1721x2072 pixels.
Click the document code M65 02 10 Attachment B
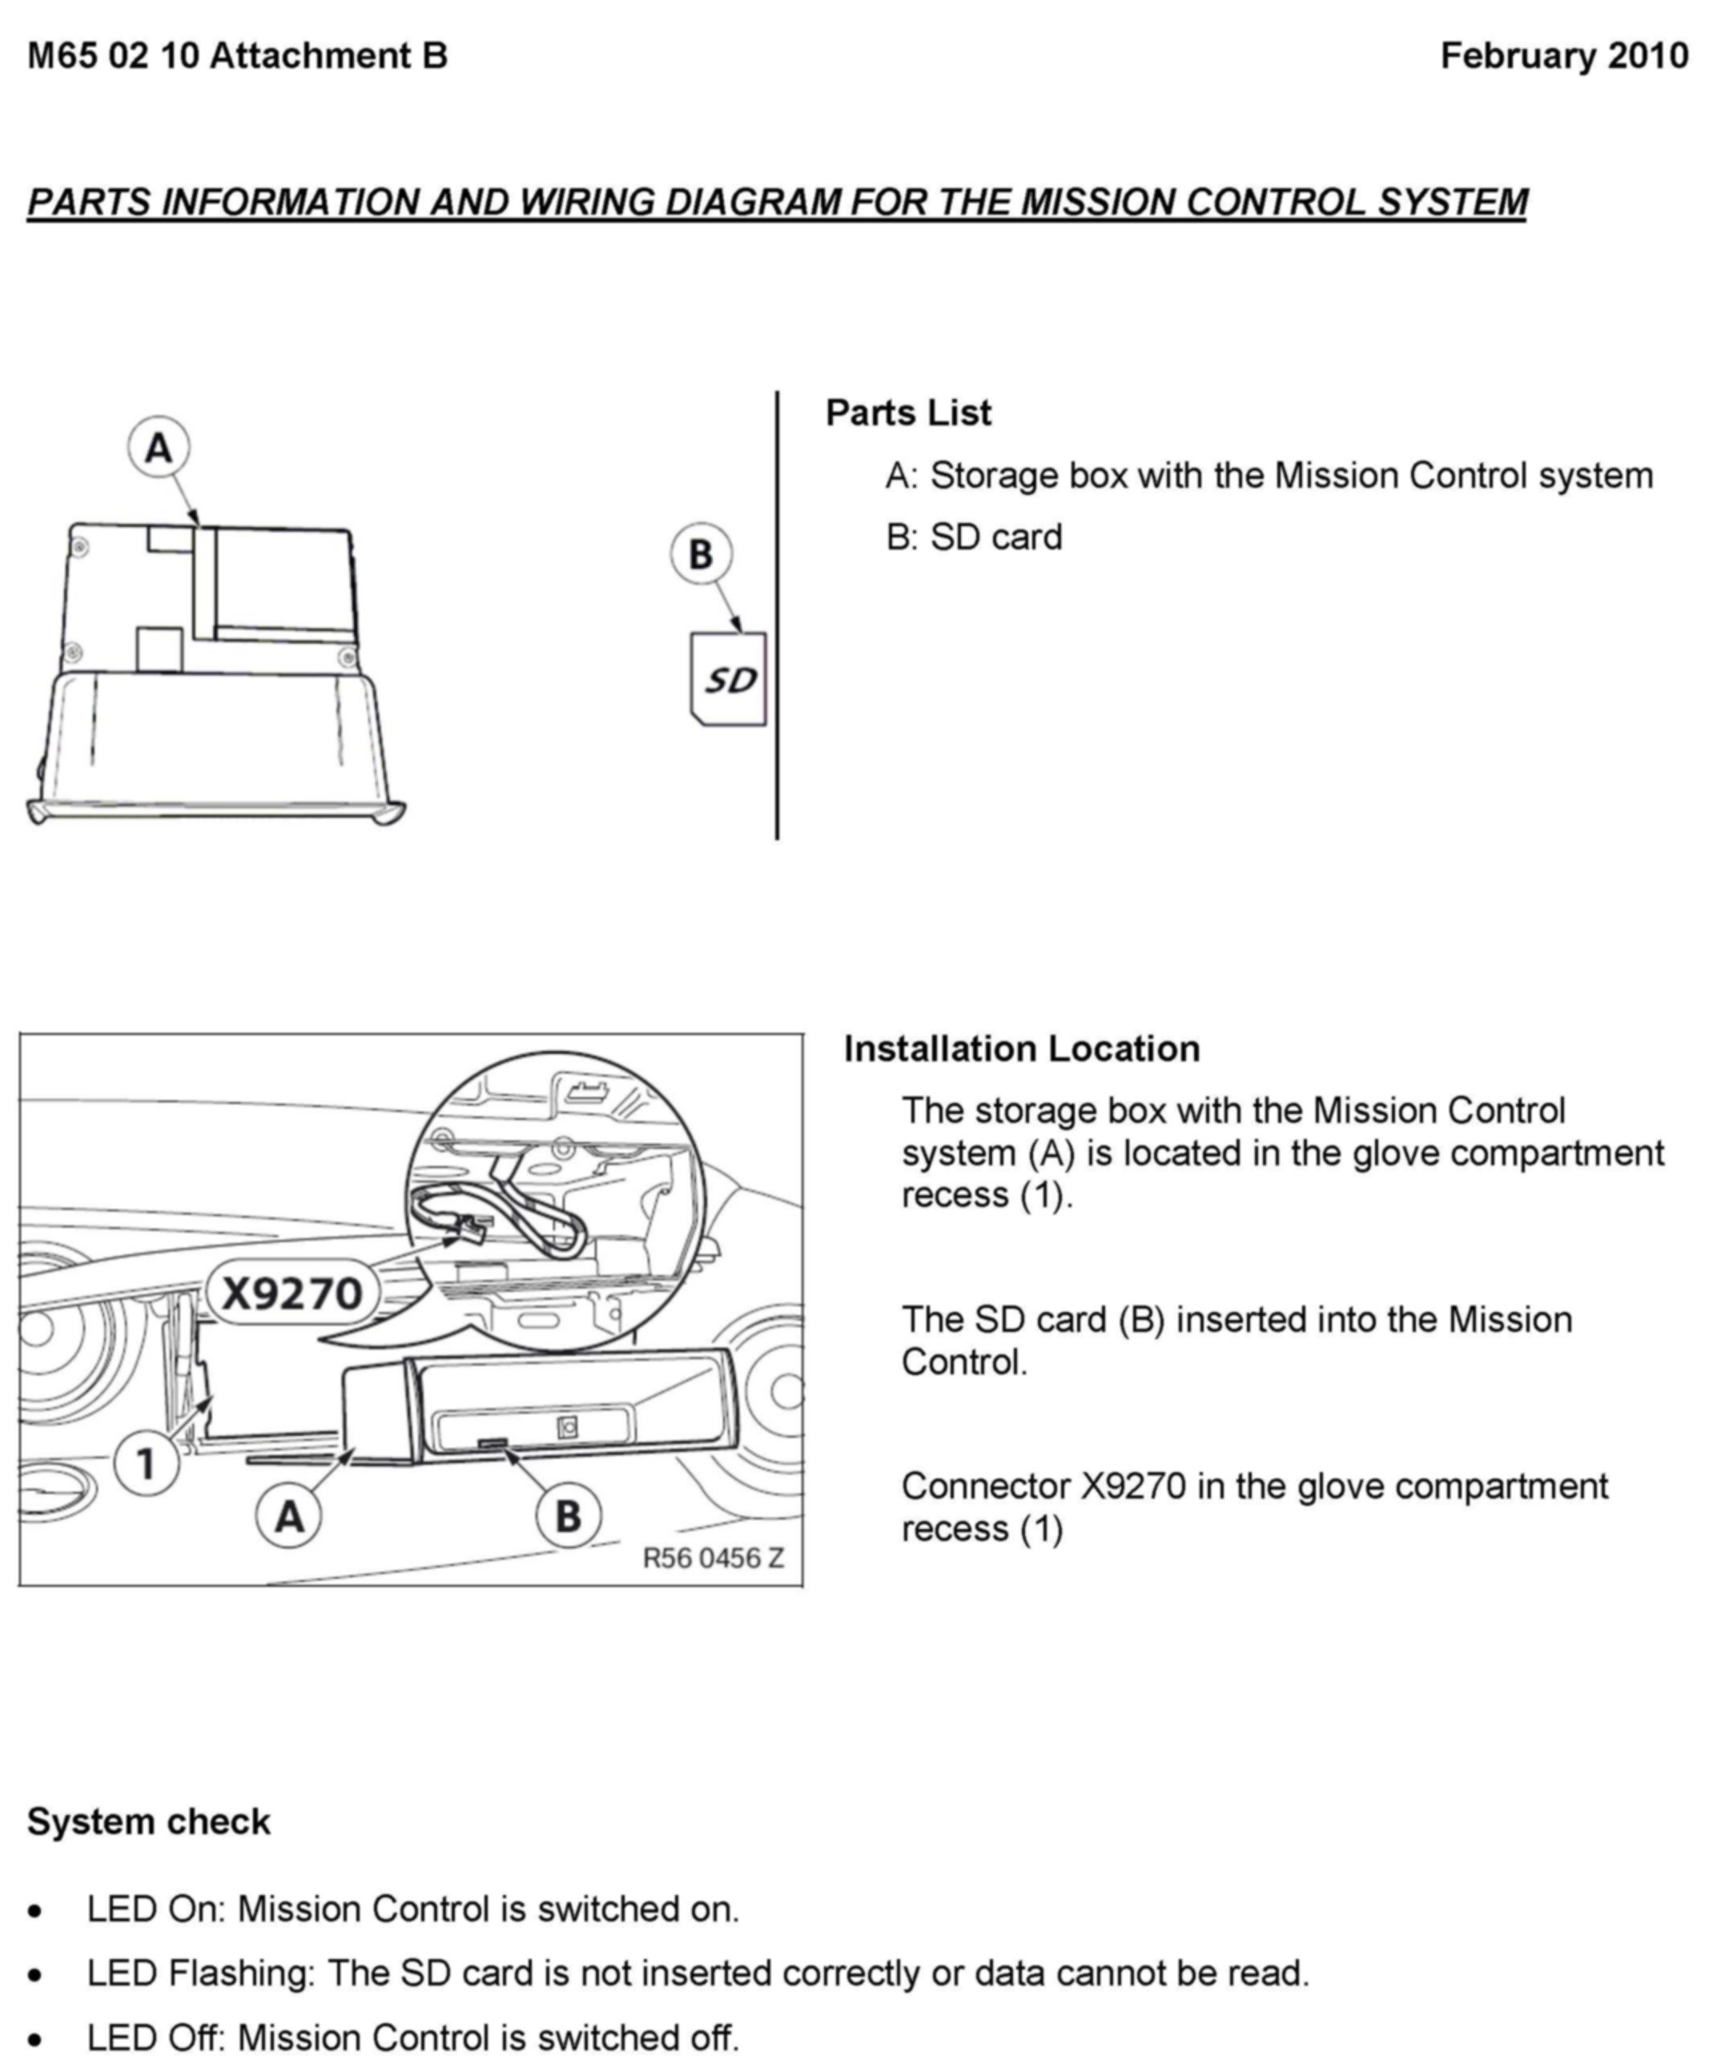pos(237,56)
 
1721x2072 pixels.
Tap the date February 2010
pos(1564,56)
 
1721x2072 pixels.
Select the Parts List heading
pos(908,412)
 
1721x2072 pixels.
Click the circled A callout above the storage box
pos(159,448)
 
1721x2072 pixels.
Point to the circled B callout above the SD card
pos(701,553)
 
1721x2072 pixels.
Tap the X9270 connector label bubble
pos(292,1293)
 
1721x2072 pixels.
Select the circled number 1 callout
pos(146,1463)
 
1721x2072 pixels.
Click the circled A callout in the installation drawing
pos(288,1516)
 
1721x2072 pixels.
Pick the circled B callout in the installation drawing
pos(569,1516)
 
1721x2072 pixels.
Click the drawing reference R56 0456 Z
pos(714,1558)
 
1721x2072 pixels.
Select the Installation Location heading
pos(1021,1049)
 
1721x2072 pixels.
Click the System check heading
pos(148,1821)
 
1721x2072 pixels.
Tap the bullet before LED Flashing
pos(37,1974)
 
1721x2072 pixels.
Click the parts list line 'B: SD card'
pos(974,537)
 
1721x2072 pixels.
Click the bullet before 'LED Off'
pos(37,2038)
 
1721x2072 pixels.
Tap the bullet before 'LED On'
pos(37,1911)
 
